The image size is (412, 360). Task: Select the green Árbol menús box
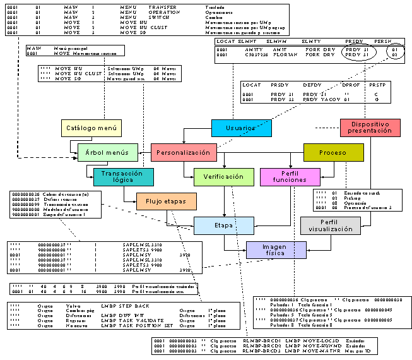click(107, 152)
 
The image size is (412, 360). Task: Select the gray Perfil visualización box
click(331, 225)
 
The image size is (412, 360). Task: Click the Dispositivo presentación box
click(370, 128)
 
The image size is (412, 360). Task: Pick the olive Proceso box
click(333, 152)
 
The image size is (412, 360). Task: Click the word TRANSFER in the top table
click(162, 8)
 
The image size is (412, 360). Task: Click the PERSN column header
click(384, 41)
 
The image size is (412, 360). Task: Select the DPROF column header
click(351, 84)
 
